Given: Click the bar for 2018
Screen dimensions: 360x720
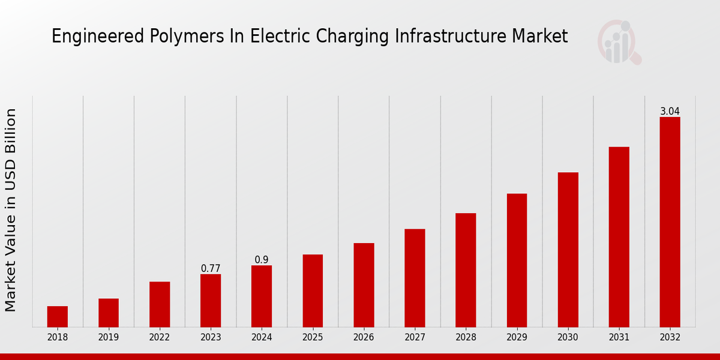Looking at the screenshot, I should tap(58, 316).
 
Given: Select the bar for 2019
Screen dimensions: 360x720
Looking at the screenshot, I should tap(109, 313).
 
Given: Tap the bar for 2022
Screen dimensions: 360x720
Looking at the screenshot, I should tap(160, 304).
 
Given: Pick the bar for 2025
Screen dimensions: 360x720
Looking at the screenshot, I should tap(313, 290).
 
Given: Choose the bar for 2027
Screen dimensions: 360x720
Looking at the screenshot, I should tap(415, 278).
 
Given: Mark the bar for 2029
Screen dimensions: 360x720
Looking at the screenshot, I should tap(517, 260).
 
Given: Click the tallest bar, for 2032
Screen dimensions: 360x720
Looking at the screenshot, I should tap(670, 222).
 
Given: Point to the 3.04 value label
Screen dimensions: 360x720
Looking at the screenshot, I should tap(670, 112).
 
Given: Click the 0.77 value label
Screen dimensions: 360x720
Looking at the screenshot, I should tap(211, 269).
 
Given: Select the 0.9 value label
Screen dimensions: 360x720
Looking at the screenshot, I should tap(262, 260).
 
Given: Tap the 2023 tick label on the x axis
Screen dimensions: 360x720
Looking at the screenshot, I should tap(211, 337).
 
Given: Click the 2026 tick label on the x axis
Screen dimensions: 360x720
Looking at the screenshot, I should tap(364, 337).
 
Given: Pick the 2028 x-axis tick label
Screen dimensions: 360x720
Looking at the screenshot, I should tap(466, 337).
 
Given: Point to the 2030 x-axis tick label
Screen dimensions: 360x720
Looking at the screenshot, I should tap(568, 337).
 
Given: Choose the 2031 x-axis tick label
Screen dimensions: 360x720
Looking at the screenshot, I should tap(619, 337).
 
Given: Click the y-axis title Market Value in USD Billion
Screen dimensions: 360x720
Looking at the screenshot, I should tap(11, 210).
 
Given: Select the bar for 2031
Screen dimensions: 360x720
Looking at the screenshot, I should tap(619, 237).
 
